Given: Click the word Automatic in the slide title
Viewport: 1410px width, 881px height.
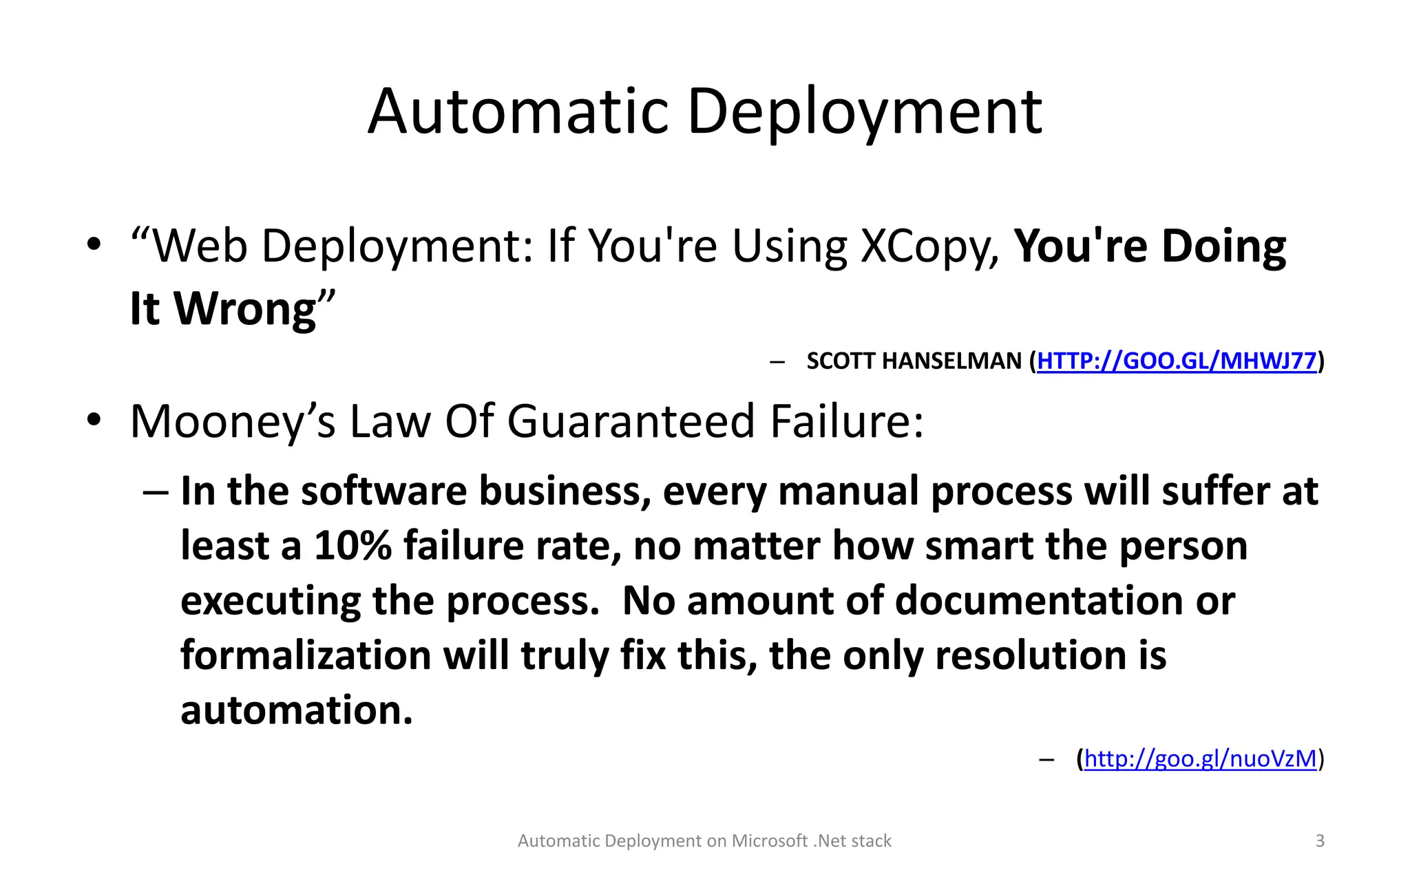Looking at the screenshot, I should click(518, 112).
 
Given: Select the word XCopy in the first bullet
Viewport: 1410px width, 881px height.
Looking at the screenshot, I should click(929, 247).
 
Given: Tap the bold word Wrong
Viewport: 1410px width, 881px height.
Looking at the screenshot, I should click(244, 310).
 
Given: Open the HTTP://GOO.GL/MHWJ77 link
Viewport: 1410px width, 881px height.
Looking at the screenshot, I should click(1176, 361).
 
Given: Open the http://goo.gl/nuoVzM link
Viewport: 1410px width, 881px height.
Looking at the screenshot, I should click(1200, 758).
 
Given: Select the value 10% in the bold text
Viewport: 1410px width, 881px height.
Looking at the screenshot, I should click(352, 546).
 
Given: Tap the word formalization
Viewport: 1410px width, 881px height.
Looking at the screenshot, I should click(306, 655).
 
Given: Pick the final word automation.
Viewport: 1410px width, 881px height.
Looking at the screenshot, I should click(296, 710).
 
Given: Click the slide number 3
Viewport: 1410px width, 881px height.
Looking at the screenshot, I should click(1320, 841).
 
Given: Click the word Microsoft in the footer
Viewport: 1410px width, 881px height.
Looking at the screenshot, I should click(769, 841).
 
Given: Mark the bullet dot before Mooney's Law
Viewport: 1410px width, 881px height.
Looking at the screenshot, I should click(94, 420).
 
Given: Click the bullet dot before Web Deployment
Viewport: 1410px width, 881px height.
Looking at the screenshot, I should click(94, 245).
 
